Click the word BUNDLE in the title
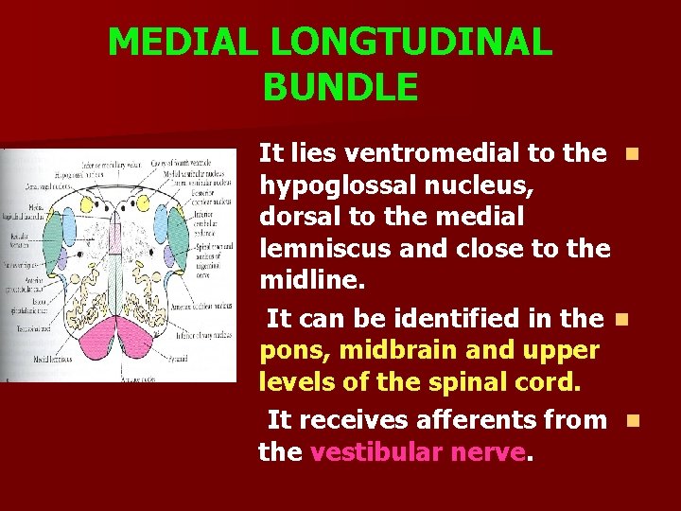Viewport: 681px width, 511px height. click(x=340, y=87)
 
